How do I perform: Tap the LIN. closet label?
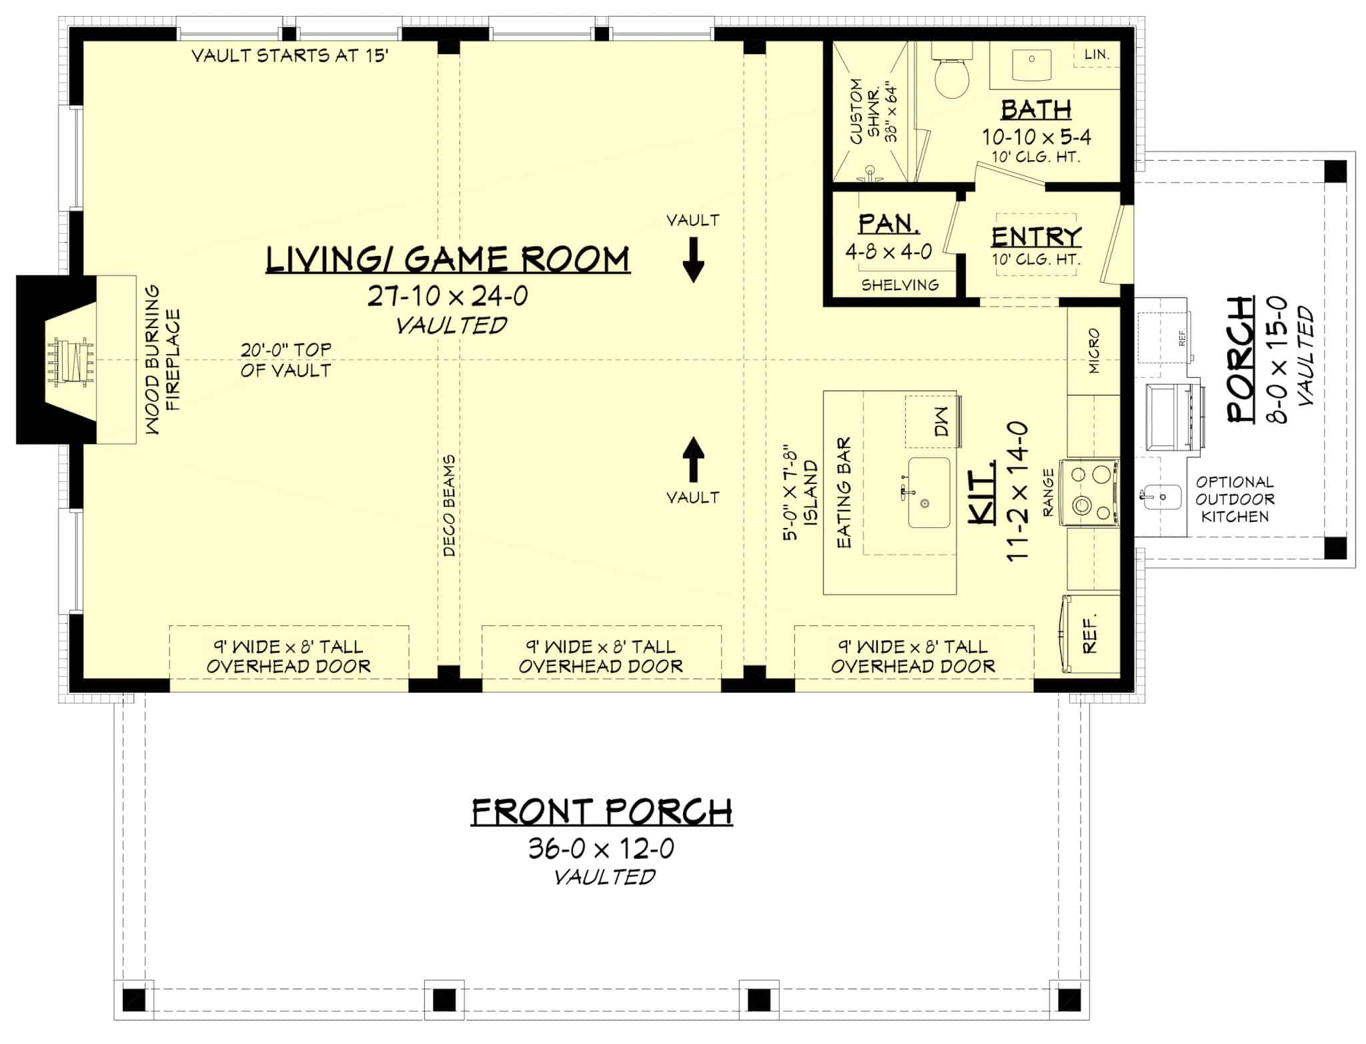tap(1097, 55)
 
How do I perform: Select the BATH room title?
tap(1036, 109)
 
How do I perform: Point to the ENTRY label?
tap(1036, 237)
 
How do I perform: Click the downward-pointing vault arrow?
tap(693, 261)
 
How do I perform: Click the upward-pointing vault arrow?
tap(693, 459)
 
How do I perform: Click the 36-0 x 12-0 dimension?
tap(602, 849)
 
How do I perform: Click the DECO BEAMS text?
tap(449, 506)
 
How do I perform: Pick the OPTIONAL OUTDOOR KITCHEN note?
tap(1234, 499)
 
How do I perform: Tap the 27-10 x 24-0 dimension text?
tap(448, 296)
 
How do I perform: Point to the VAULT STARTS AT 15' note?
tap(289, 55)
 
